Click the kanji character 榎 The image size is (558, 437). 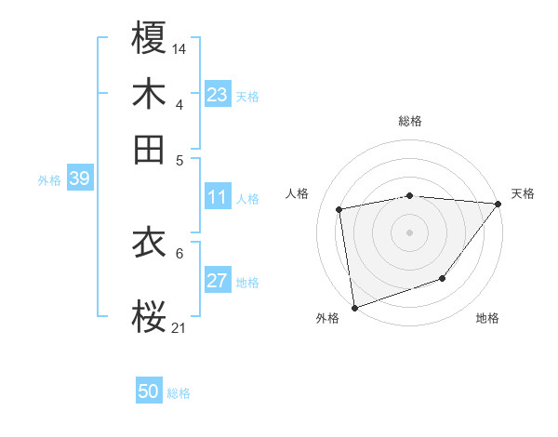point(149,40)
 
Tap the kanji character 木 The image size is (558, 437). point(149,96)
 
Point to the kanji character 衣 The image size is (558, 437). point(149,244)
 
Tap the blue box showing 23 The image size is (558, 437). point(218,95)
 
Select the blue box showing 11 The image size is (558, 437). point(218,197)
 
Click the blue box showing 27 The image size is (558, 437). point(218,281)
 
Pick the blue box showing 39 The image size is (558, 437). point(79,179)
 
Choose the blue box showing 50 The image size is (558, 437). point(149,391)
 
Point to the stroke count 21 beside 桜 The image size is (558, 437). point(179,326)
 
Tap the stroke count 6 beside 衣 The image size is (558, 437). point(179,252)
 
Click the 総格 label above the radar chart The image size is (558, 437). point(410,121)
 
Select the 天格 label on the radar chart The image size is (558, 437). point(523,193)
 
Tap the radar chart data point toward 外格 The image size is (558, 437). point(354,307)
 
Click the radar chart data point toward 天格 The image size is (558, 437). point(498,204)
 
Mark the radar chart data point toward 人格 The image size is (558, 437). point(339,209)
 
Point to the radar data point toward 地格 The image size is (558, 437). point(443,278)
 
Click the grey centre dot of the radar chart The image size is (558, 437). point(410,232)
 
